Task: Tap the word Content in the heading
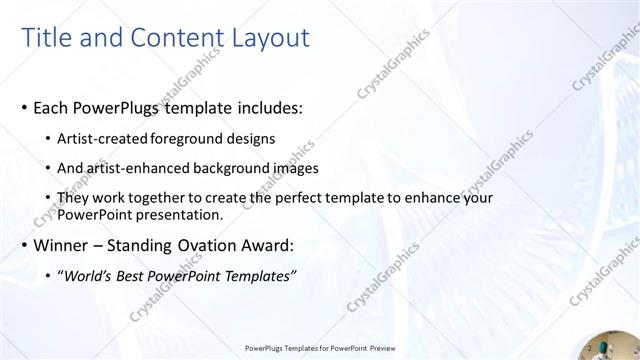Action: [169, 38]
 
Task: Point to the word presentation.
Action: [179, 214]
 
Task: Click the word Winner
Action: [62, 245]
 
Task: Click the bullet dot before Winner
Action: [23, 246]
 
